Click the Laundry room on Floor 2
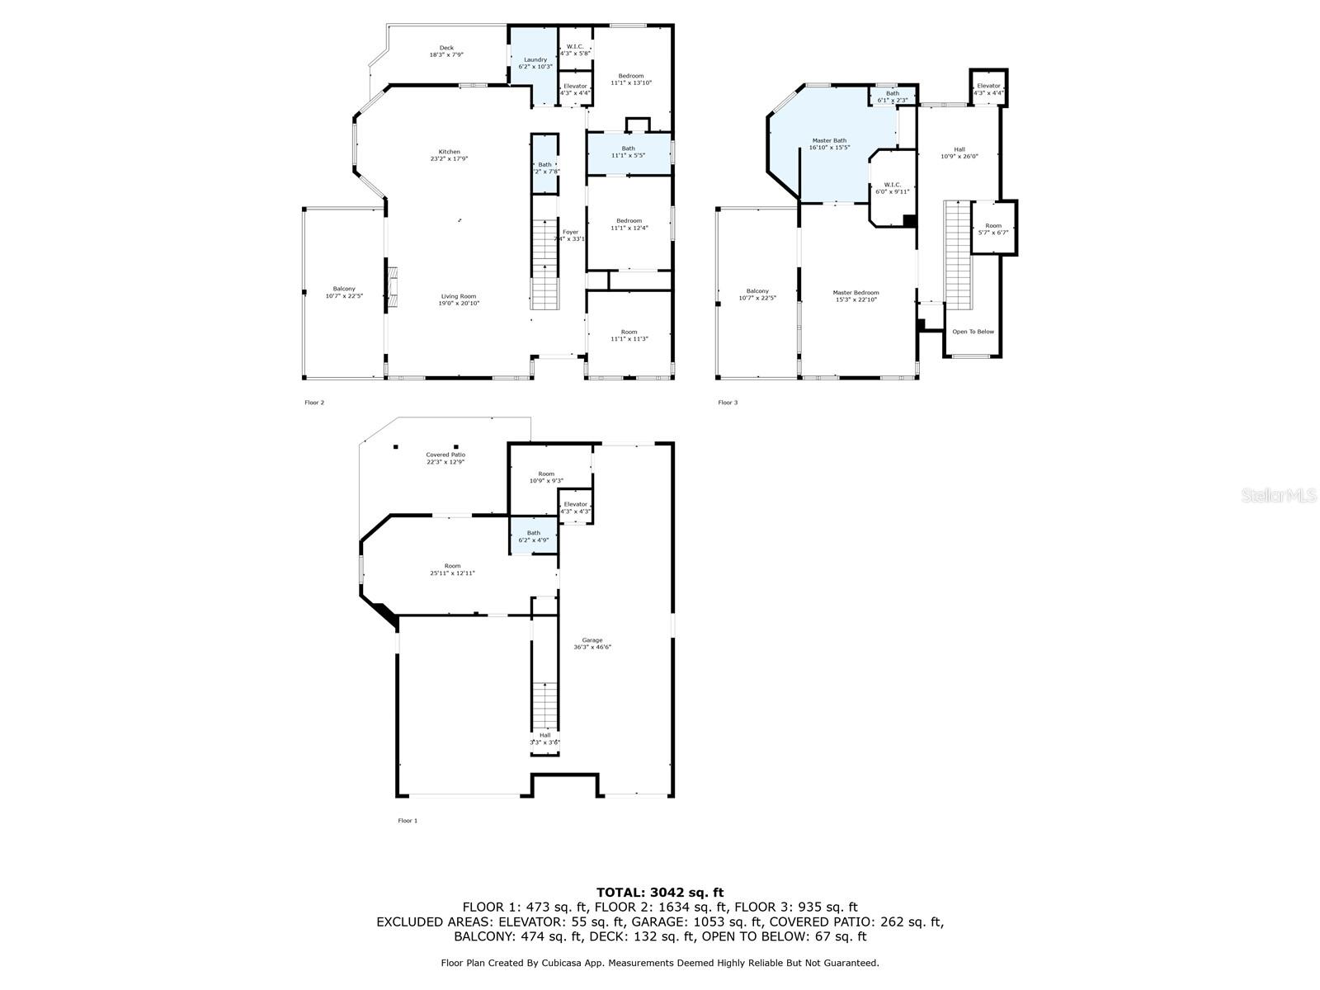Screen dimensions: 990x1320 [x=535, y=62]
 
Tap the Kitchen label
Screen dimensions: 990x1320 [x=449, y=152]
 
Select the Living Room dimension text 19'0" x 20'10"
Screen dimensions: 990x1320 [x=458, y=304]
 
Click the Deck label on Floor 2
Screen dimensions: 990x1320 [x=446, y=48]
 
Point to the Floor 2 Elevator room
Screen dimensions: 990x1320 [x=575, y=89]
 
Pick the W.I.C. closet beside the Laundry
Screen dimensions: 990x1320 [x=575, y=49]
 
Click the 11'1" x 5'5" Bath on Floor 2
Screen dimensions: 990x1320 [x=629, y=152]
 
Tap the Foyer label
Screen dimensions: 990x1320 [x=570, y=232]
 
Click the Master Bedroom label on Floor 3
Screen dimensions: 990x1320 [x=856, y=292]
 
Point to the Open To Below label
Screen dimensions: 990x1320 [x=973, y=332]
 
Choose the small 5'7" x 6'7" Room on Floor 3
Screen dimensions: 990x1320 [x=993, y=229]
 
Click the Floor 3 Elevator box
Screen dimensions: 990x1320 [x=988, y=88]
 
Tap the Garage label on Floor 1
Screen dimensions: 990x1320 [x=592, y=640]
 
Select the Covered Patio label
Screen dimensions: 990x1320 [x=445, y=455]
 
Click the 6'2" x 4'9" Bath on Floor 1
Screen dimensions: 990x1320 [x=534, y=536]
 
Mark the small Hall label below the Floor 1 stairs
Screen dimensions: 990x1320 [x=544, y=735]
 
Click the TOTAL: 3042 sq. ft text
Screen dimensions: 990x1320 [x=659, y=892]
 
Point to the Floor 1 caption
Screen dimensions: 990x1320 [x=408, y=821]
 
